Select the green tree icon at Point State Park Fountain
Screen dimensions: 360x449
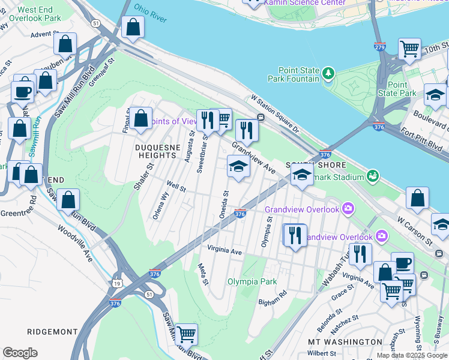tap(328, 74)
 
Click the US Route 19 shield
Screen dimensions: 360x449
tap(116, 283)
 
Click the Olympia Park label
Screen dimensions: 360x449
tap(252, 281)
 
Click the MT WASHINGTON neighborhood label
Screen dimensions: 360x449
tap(345, 342)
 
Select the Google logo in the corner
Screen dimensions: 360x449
tap(20, 353)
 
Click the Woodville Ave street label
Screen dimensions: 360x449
tap(76, 243)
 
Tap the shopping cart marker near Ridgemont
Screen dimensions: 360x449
tap(186, 334)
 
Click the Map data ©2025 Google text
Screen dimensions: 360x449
tap(412, 355)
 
